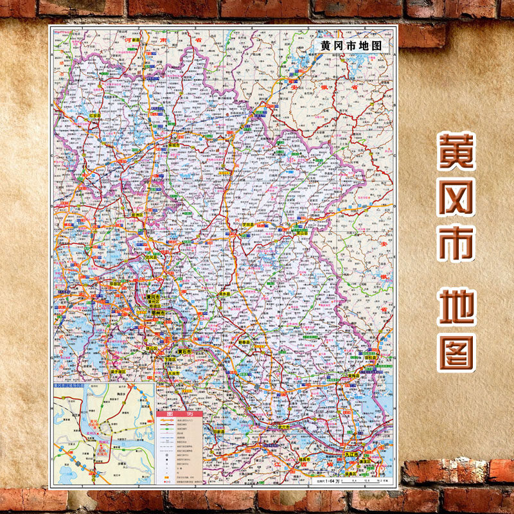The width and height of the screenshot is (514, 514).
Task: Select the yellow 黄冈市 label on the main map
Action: click(154, 297)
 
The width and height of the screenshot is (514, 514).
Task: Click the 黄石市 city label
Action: click(185, 352)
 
